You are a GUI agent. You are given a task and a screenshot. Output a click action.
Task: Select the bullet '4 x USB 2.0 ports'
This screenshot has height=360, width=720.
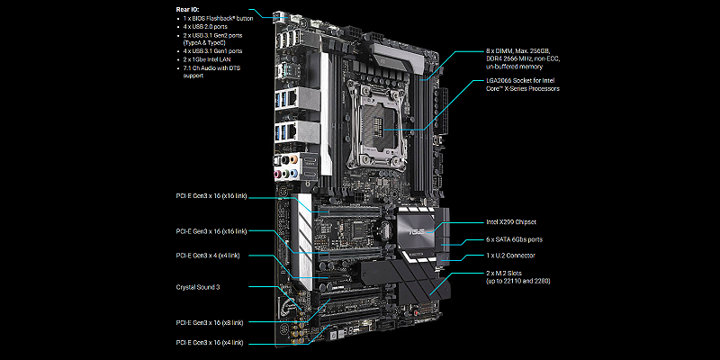click(205, 27)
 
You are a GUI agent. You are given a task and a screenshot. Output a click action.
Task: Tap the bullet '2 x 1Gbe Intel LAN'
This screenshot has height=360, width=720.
click(206, 59)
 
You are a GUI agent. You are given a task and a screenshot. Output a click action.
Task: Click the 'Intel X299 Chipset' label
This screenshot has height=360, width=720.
click(511, 222)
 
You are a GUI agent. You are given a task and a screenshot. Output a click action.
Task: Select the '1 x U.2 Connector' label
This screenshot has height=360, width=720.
click(510, 256)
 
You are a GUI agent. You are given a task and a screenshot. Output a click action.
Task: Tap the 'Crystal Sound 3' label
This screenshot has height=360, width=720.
click(198, 287)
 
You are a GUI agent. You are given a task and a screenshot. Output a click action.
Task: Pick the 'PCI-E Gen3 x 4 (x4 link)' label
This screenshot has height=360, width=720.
click(208, 256)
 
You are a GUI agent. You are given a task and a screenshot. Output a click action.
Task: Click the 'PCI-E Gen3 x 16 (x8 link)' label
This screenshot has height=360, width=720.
click(210, 322)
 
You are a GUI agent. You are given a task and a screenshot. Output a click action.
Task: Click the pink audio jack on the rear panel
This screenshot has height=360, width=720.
click(277, 174)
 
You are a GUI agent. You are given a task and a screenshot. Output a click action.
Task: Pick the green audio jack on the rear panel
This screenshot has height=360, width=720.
click(285, 174)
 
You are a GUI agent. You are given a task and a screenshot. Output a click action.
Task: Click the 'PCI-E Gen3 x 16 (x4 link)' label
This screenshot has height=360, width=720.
click(210, 343)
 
